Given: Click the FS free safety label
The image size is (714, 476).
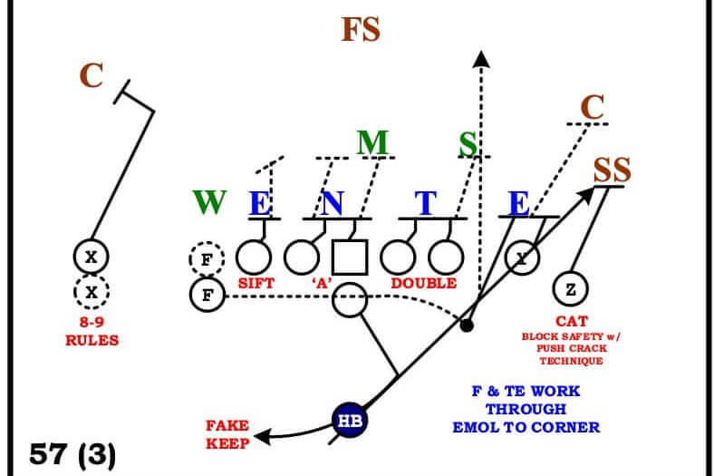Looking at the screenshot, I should (361, 30).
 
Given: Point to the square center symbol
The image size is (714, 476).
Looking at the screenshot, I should (350, 257).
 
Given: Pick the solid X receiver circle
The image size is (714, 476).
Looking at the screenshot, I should (91, 257).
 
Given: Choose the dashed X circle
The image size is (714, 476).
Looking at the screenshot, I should (91, 292).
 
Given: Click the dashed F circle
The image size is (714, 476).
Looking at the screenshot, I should (207, 259).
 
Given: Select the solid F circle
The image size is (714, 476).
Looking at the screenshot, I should (207, 294).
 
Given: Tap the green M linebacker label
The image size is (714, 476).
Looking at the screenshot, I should (371, 143).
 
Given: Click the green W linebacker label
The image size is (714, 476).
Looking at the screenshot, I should (209, 202).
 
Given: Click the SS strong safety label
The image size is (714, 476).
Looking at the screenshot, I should (613, 170).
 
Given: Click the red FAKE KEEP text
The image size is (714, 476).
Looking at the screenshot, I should (227, 432).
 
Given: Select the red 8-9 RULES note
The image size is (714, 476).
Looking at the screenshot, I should (92, 333).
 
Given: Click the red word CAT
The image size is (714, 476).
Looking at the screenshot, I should (572, 321).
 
